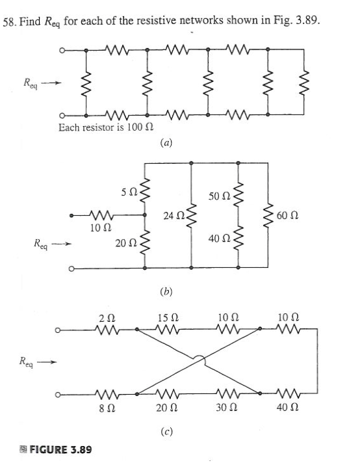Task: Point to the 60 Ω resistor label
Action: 297,215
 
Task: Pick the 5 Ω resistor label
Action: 127,192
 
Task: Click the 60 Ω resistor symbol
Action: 268,215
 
